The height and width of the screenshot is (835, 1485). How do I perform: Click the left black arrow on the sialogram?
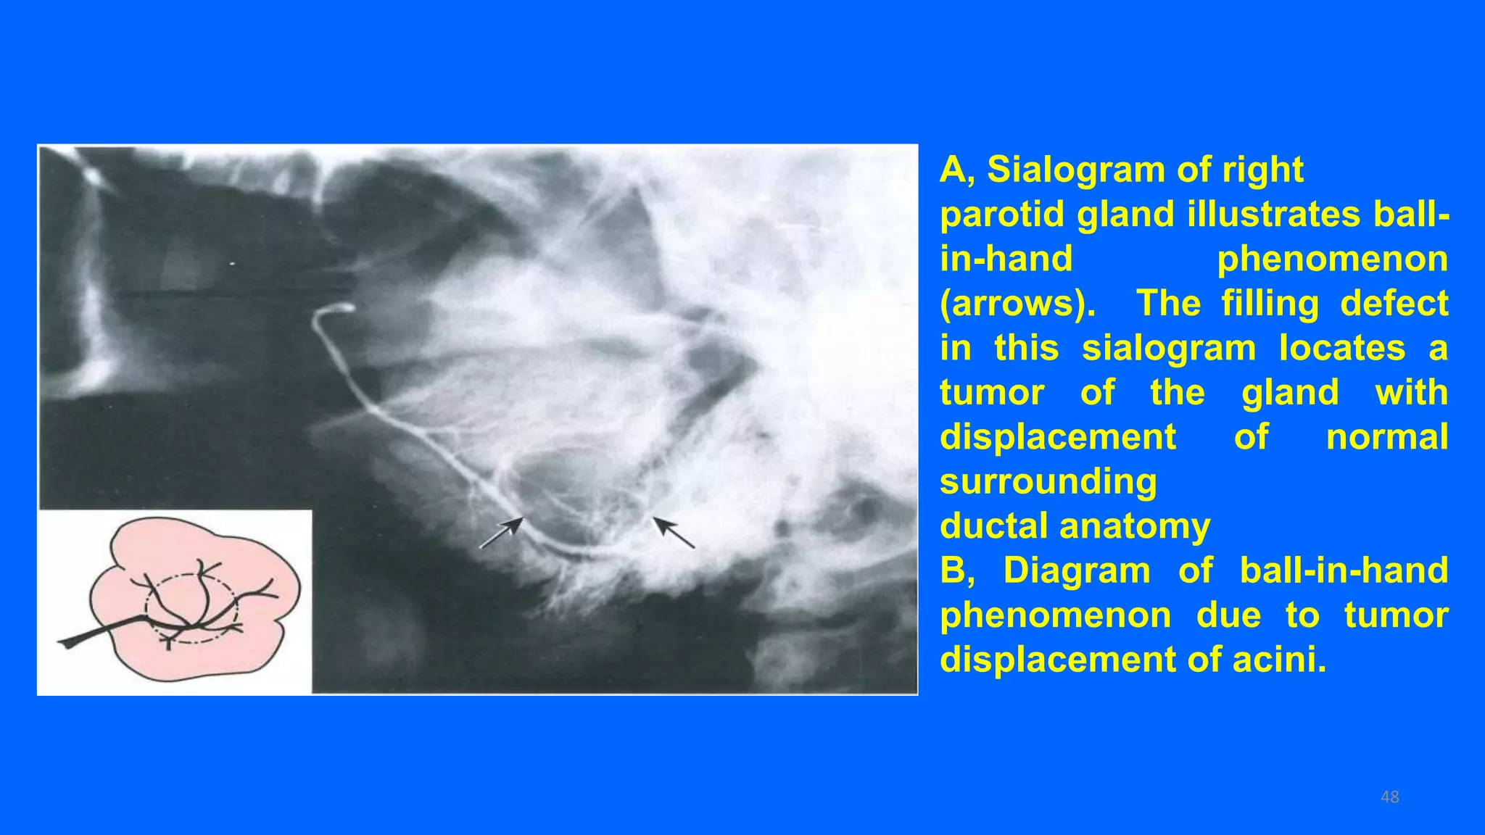501,533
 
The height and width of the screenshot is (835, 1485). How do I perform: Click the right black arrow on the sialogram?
674,532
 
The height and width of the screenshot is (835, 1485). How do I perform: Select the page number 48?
1389,797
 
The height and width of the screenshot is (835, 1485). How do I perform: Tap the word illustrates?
1273,215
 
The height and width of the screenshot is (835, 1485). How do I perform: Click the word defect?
1394,304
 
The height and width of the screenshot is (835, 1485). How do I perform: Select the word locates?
1341,349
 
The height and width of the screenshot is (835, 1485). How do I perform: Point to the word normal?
1386,438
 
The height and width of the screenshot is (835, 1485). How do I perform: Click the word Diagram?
1077,571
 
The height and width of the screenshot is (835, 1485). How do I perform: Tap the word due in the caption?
1228,616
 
